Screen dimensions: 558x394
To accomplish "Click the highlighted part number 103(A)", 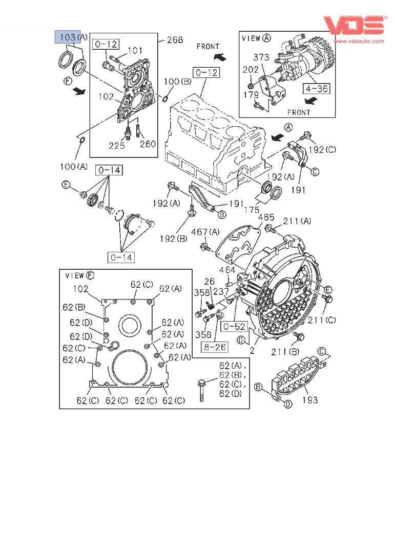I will click(71, 37).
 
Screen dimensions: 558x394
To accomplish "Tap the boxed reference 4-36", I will click(317, 88).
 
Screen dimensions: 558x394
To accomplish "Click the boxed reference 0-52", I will click(234, 326).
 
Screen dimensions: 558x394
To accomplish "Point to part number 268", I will click(175, 39).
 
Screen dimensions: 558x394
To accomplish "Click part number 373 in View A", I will click(261, 57).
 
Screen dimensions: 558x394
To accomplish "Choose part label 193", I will click(310, 400).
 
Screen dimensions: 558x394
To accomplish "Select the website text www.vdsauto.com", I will click(359, 41).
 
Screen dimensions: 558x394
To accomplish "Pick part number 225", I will click(116, 145).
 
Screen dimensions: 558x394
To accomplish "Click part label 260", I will click(148, 144).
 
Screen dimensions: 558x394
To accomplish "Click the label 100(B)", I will click(178, 82).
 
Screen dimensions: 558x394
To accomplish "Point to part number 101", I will click(135, 50).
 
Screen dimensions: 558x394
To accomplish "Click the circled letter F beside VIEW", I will click(90, 275).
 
